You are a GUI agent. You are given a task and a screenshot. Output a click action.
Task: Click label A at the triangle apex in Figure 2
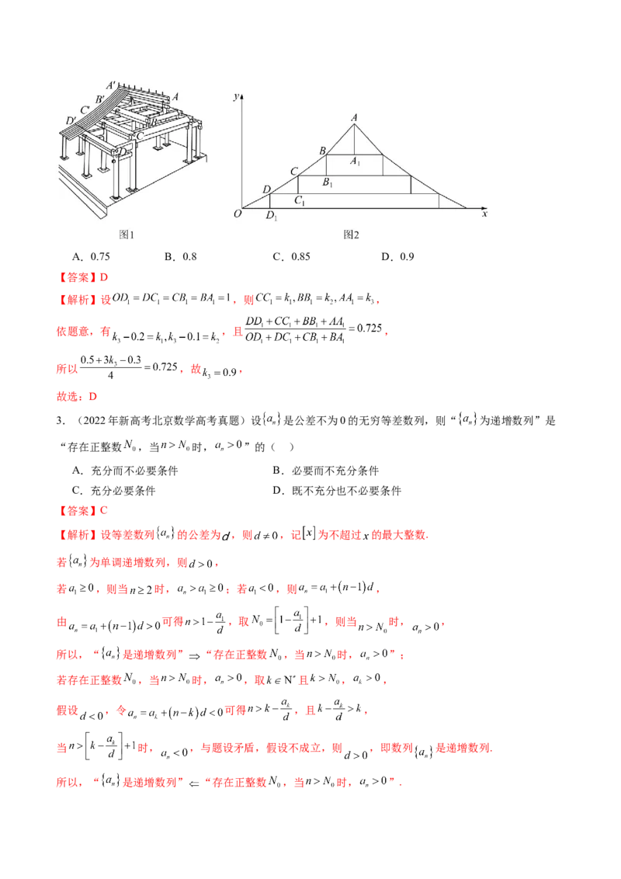pyautogui.click(x=355, y=117)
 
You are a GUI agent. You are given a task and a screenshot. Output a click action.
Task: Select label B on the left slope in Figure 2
pyautogui.click(x=322, y=151)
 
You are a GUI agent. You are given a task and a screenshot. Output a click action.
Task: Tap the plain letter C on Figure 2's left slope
pyautogui.click(x=293, y=171)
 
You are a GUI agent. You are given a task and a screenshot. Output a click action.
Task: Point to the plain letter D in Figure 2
pyautogui.click(x=266, y=189)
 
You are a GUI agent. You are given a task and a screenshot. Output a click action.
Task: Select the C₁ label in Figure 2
pyautogui.click(x=299, y=201)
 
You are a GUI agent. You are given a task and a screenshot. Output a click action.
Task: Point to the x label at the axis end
pyautogui.click(x=484, y=214)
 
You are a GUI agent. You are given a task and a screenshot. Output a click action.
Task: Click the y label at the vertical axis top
pyautogui.click(x=236, y=96)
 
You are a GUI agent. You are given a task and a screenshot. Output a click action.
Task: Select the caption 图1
pyautogui.click(x=127, y=234)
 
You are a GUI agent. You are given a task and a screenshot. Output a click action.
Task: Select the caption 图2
pyautogui.click(x=352, y=234)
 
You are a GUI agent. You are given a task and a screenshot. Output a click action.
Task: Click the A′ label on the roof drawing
pyautogui.click(x=111, y=85)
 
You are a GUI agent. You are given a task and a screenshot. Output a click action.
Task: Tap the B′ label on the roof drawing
pyautogui.click(x=100, y=99)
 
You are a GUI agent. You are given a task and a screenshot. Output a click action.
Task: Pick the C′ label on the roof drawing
pyautogui.click(x=85, y=109)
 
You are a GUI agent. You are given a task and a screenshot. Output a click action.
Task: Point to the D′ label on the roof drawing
pyautogui.click(x=71, y=120)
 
